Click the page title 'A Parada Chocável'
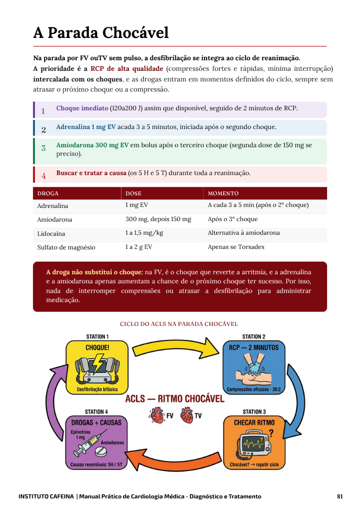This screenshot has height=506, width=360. coord(101,32)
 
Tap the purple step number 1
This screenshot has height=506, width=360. coord(43,111)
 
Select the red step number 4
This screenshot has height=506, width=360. coord(44,176)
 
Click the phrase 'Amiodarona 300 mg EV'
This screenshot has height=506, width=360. coord(92,145)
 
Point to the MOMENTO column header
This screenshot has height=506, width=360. coord(223,193)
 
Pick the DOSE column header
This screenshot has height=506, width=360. coord(133,193)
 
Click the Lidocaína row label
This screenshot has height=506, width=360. coord(51,234)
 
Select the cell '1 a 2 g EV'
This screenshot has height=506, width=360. coord(139,247)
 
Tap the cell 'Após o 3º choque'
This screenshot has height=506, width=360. coord(233,219)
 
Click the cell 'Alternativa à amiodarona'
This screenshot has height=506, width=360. coord(244,233)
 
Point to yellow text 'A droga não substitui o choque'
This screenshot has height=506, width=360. coord(94,272)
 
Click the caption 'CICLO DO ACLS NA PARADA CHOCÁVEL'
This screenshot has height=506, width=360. coord(179,324)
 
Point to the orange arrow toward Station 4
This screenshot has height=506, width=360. coord(173,459)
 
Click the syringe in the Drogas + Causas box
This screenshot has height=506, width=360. coord(85,444)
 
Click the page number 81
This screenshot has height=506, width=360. coord(340,496)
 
